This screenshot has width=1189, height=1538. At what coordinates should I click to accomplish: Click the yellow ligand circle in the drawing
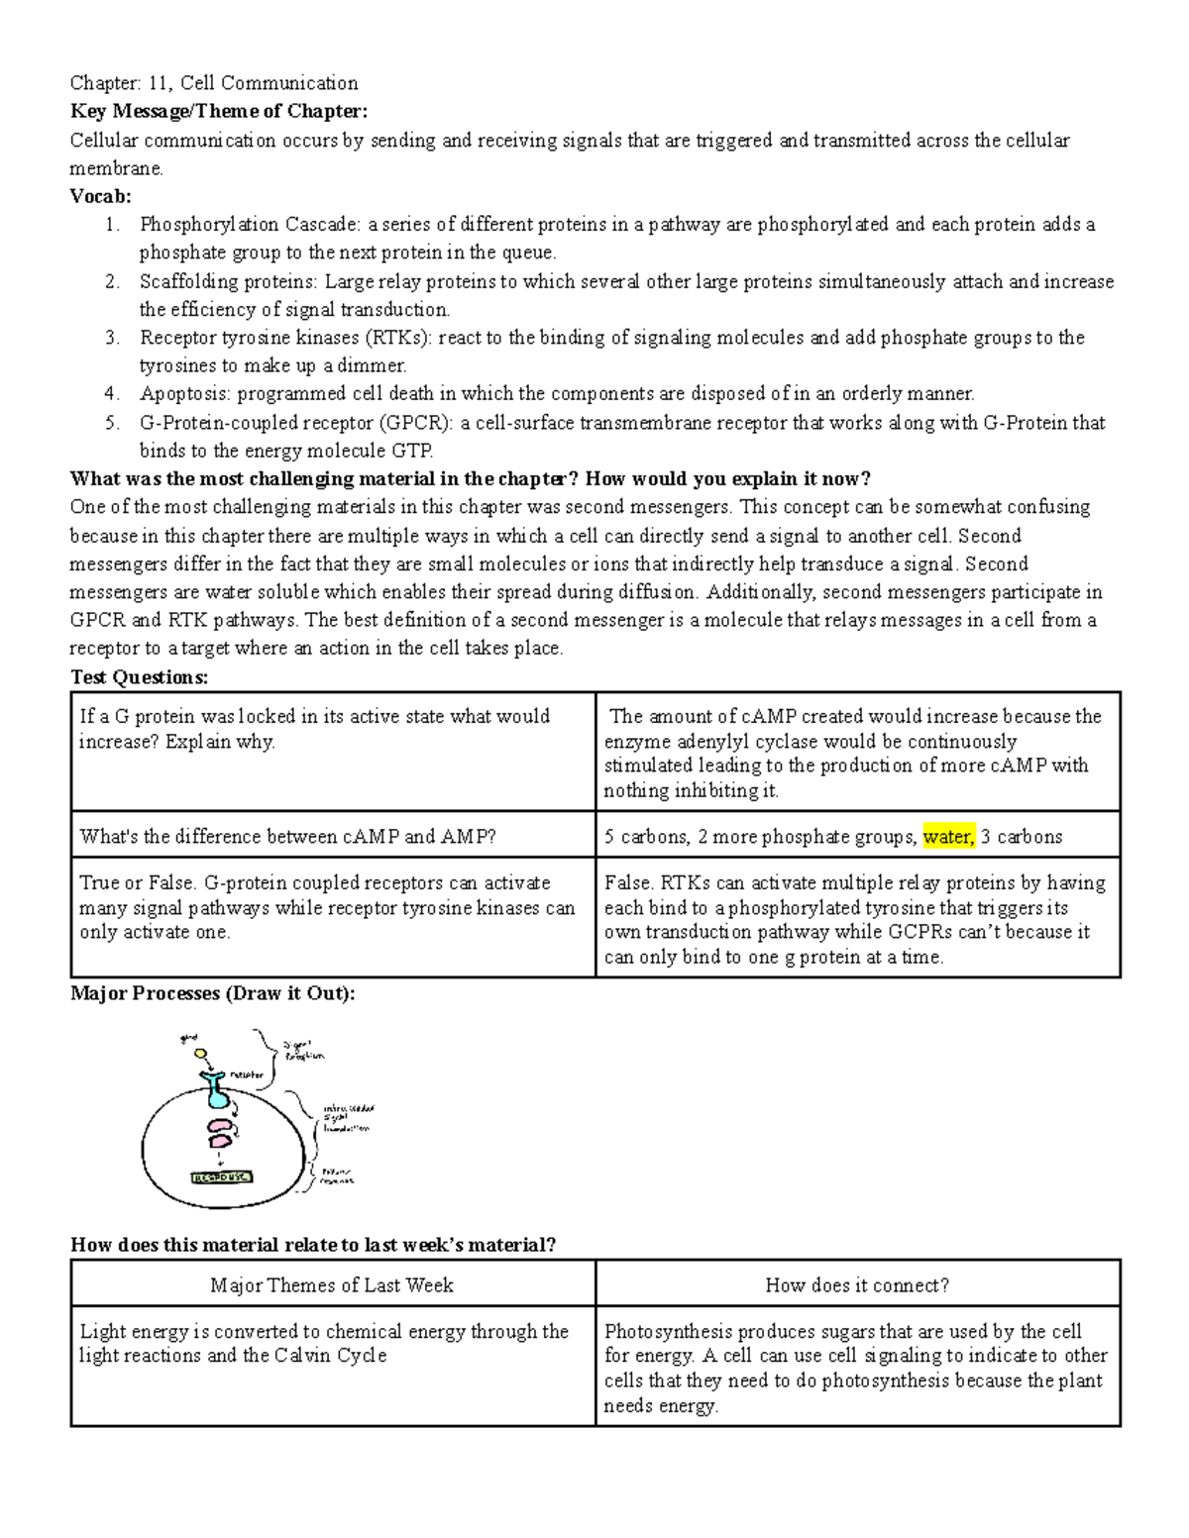[x=200, y=1055]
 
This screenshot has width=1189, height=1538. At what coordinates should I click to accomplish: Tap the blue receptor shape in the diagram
[x=217, y=1090]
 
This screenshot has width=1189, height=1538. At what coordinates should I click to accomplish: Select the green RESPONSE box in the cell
[x=221, y=1178]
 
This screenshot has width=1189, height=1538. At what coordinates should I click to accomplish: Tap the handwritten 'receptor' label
[x=247, y=1075]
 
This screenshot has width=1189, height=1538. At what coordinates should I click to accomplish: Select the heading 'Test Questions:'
[x=140, y=677]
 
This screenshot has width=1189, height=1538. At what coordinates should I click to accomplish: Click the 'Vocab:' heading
[x=100, y=196]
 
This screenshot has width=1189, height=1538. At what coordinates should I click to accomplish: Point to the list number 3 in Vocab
[x=112, y=338]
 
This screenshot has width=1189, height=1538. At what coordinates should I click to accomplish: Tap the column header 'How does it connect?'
[x=857, y=1285]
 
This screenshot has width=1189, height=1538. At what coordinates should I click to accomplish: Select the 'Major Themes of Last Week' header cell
[x=332, y=1285]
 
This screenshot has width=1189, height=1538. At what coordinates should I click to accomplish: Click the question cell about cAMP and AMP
[x=287, y=837]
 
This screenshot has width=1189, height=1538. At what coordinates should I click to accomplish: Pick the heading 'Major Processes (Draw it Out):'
[x=212, y=993]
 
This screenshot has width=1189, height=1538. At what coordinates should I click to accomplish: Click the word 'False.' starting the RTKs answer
[x=629, y=883]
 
